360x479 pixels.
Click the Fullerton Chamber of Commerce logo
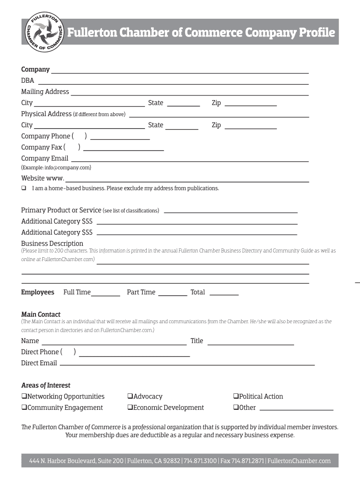(44, 32)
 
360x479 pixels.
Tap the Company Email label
(44, 159)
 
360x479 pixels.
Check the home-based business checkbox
(23, 189)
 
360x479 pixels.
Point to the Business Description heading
(52, 243)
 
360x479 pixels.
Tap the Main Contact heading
(41, 314)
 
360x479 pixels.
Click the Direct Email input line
(187, 364)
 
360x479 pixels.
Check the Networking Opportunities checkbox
(24, 397)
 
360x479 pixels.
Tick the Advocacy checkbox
(130, 397)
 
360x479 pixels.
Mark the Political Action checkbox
(236, 397)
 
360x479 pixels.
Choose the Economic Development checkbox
(130, 408)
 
